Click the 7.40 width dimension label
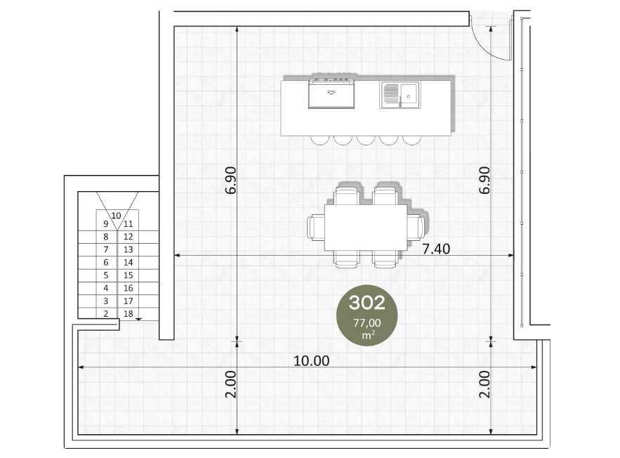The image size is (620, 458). coord(436,249)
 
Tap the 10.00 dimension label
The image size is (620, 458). coord(311,360)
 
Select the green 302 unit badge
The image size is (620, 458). coord(367,315)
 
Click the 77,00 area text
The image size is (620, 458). coord(367,322)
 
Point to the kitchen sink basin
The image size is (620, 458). coord(409,95)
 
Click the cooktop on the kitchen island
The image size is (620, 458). coord(331,93)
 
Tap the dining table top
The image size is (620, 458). coord(366,228)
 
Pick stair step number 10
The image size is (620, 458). coord(116,216)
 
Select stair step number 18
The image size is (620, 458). coord(128,313)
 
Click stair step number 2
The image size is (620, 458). coord(105,313)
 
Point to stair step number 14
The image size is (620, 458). coord(128,262)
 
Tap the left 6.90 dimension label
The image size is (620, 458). coord(230,181)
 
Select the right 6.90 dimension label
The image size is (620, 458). coord(484,181)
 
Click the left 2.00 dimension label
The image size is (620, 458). coord(230,384)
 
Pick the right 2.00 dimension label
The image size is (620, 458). coord(484,384)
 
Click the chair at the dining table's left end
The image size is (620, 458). coord(315,228)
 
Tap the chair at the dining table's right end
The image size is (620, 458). coord(416,228)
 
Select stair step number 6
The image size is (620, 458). coord(105,262)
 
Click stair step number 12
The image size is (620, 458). coord(128,237)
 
